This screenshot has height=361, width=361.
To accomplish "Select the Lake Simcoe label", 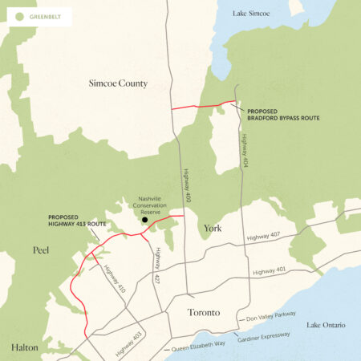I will [252, 14].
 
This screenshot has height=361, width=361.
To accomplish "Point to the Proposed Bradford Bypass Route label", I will [283, 115].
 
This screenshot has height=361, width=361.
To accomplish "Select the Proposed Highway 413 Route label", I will [77, 220].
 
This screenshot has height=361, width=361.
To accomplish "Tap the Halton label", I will [24, 347].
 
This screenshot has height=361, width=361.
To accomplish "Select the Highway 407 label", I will [266, 237].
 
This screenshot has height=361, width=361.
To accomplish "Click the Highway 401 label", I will [270, 273].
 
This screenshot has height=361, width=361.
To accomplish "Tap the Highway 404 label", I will [243, 151].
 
